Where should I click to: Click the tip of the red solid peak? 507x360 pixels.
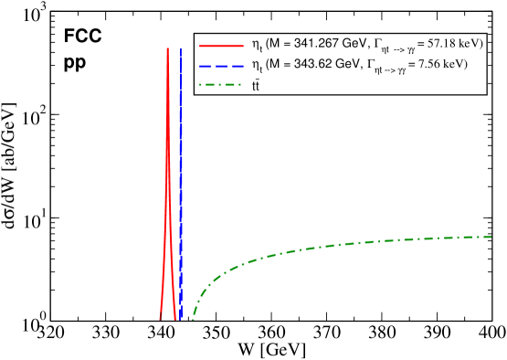point(167,48)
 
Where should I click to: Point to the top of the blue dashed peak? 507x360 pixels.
point(181,50)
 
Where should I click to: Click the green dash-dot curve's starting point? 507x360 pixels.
point(193,318)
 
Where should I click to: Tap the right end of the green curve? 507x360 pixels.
point(494,237)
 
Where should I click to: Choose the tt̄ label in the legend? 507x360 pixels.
point(256,87)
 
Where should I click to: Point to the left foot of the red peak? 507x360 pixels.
point(160,319)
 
